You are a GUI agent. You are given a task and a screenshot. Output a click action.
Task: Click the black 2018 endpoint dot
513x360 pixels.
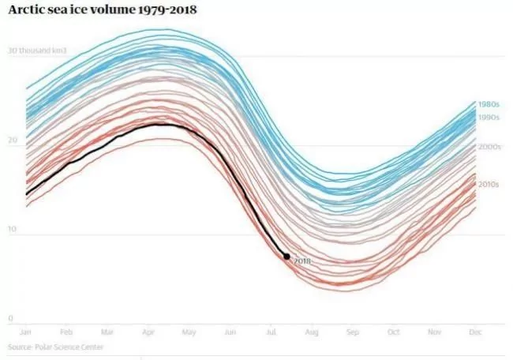[x=286, y=257]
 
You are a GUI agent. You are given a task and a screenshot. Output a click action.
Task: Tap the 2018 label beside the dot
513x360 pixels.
[x=302, y=261]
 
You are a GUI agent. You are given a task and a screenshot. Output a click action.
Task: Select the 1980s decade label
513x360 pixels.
[x=489, y=104]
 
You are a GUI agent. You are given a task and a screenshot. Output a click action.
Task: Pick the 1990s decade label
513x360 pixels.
[x=489, y=118]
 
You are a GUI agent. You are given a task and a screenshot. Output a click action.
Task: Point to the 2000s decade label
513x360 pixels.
[x=489, y=147]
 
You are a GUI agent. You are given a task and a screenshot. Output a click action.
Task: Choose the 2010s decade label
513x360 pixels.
[x=489, y=185]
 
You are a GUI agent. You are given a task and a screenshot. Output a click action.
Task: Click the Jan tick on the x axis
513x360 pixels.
[x=25, y=332]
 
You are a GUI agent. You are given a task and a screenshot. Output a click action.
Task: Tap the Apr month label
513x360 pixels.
[x=148, y=332]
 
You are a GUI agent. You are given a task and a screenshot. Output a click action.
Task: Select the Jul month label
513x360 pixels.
[x=271, y=332]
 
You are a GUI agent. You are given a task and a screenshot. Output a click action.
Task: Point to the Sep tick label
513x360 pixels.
[x=353, y=332]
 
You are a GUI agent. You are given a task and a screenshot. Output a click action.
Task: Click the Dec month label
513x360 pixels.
[x=475, y=332]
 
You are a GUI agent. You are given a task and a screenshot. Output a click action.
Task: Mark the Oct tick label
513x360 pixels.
[x=394, y=332]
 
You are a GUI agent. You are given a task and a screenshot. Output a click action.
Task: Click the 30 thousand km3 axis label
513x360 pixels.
[x=37, y=51]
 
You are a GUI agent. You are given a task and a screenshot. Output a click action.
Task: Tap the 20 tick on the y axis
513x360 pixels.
[x=13, y=140]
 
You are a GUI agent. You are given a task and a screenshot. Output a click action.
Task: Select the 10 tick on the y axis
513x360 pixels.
[x=12, y=229]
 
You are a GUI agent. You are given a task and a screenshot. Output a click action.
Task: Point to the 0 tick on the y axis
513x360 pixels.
[x=11, y=318]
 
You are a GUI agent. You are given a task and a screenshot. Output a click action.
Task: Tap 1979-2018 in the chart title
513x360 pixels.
[x=167, y=9]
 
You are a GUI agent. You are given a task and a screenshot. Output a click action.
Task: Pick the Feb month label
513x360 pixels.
[x=66, y=332]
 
